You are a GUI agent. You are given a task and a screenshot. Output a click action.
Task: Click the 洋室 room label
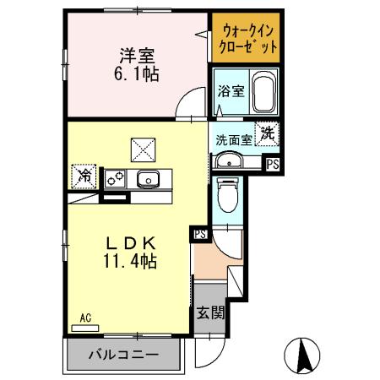coord(136,56)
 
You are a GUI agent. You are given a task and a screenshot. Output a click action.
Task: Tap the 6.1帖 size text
coord(136,73)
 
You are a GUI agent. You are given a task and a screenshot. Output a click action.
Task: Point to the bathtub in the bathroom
coord(263,92)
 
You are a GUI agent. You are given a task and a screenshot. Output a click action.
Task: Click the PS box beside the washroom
coord(273,165)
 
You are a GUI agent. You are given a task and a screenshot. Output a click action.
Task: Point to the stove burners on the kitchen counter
coord(115,178)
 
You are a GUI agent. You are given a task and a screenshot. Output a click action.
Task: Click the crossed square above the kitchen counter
coord(140,149)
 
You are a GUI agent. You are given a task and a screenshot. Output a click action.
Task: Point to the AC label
coord(85,318)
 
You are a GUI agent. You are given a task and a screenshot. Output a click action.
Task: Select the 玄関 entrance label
coord(211,313)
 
